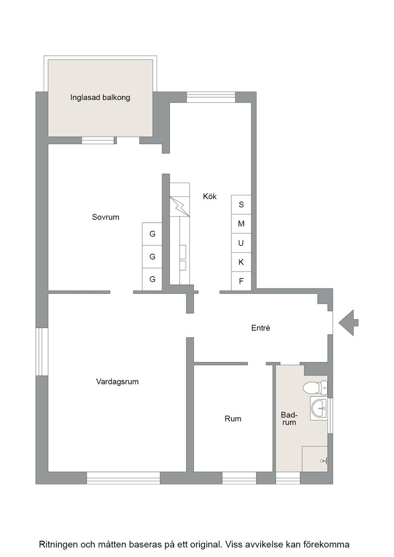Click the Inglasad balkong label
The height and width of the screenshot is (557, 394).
coord(100,97)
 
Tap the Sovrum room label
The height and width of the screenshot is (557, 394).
coord(105,217)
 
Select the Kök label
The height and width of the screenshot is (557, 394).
coord(209,196)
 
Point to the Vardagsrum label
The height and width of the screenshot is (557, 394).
coord(117,382)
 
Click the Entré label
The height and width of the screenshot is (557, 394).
coord(260,328)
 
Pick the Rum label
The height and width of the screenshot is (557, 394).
coord(233,419)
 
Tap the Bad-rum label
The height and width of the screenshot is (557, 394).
coord(289,418)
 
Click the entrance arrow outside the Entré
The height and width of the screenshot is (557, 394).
coord(349,323)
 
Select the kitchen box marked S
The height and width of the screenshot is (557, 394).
coord(241,204)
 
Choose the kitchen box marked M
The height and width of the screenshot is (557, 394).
coord(241,224)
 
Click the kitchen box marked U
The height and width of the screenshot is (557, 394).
coord(241,243)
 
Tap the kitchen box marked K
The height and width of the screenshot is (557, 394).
coord(241,262)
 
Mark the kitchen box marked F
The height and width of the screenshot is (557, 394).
coord(241,281)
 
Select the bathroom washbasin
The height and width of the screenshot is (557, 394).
coord(319,408)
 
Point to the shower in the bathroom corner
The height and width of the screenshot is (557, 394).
coord(315,459)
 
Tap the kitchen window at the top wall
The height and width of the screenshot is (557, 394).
coord(211,97)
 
